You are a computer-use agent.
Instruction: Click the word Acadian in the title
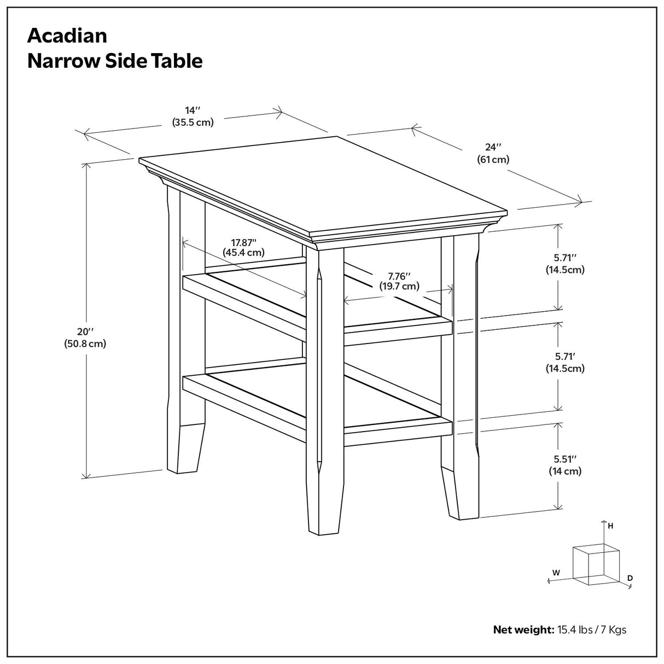click(67, 36)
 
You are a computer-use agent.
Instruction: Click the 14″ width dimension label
click(190, 109)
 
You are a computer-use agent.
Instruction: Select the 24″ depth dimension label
click(493, 147)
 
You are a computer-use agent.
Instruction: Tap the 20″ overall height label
click(85, 331)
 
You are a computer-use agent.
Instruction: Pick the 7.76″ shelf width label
click(399, 276)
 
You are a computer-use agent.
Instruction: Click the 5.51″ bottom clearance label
click(565, 459)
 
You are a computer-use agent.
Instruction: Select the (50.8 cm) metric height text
click(85, 344)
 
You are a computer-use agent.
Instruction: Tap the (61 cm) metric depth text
click(493, 160)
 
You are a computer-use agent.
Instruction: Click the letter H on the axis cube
click(610, 526)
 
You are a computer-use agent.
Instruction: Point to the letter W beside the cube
click(556, 573)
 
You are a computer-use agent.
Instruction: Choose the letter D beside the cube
click(630, 578)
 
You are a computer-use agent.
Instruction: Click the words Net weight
click(523, 630)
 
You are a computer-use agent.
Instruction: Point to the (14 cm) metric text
click(565, 471)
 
